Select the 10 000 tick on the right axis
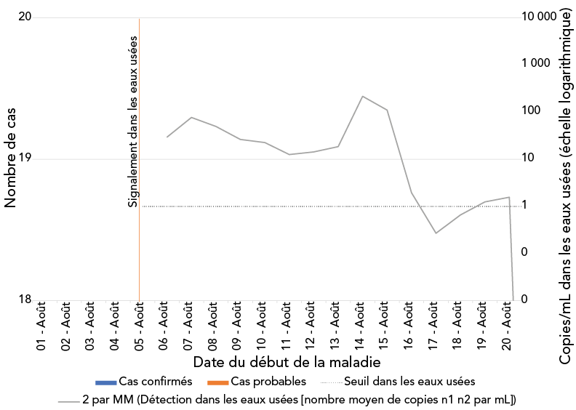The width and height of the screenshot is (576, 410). (x=539, y=17)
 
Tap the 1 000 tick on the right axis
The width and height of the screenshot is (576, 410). (x=537, y=64)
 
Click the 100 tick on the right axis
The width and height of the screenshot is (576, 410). (x=532, y=110)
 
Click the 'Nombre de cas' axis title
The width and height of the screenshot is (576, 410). (x=10, y=158)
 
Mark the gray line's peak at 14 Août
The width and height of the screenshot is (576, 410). (x=361, y=96)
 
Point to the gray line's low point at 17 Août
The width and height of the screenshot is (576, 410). (x=436, y=233)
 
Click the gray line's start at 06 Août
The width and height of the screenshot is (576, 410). (x=167, y=137)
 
